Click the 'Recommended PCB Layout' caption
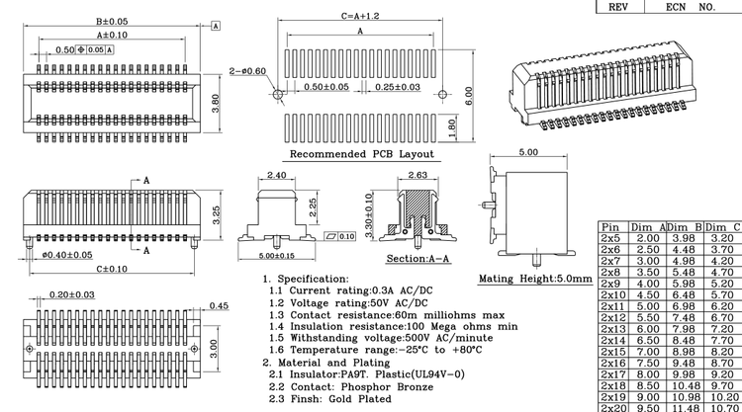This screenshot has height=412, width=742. [x=361, y=155]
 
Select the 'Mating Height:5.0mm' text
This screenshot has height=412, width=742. [x=534, y=280]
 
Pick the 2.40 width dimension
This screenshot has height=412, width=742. [x=276, y=175]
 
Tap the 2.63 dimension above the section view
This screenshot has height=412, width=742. [x=417, y=175]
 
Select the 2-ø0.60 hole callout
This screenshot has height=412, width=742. [x=246, y=71]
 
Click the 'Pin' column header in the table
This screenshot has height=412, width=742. [x=610, y=227]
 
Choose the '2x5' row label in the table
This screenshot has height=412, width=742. [x=611, y=238]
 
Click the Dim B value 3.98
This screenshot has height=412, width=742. [x=684, y=238]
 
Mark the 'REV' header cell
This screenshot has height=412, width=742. [x=618, y=6]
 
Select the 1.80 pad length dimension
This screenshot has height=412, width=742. [x=451, y=125]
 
